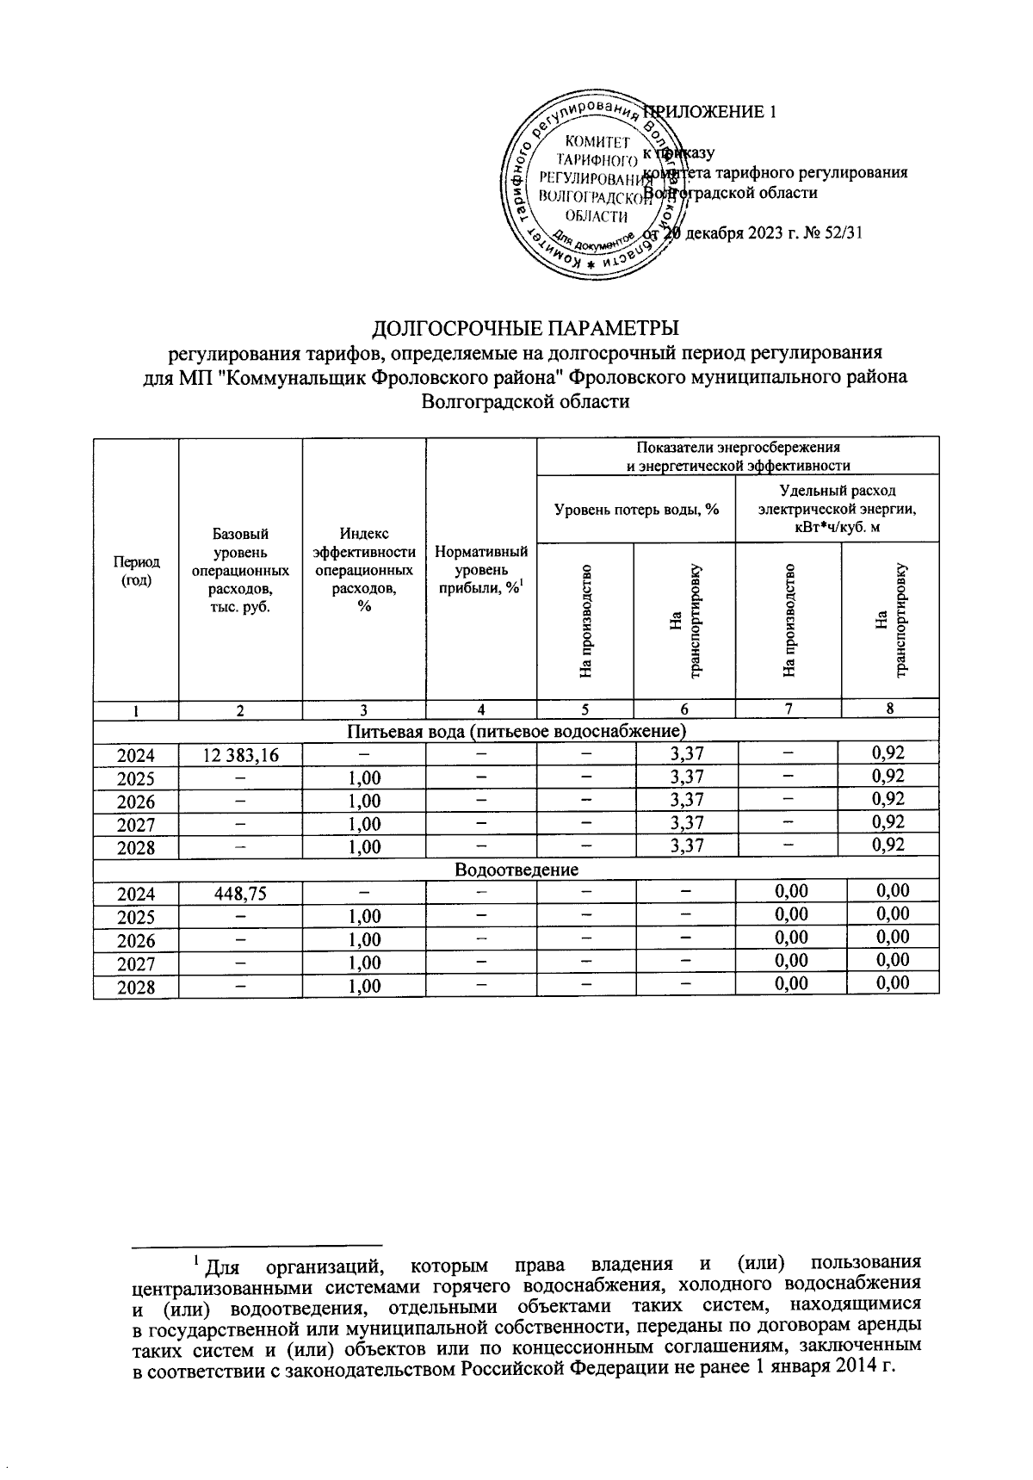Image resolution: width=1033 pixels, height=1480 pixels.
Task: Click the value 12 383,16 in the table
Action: tap(240, 755)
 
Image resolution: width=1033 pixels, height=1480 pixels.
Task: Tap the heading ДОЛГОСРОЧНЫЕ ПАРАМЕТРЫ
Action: tap(524, 329)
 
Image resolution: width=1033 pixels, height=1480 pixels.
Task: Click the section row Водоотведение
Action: tap(516, 870)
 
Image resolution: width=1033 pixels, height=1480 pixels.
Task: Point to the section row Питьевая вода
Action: tap(516, 732)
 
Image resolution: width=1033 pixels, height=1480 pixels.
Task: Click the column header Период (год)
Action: tap(135, 570)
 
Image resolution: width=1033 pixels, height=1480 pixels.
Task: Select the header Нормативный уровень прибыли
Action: tap(481, 570)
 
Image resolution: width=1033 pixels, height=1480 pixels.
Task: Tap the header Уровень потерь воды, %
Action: tap(635, 510)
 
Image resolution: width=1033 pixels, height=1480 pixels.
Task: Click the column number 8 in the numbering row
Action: tap(890, 709)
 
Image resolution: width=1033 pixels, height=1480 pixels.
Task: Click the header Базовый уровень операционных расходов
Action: tap(240, 570)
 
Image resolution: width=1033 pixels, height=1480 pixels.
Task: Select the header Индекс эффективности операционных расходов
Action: tap(364, 570)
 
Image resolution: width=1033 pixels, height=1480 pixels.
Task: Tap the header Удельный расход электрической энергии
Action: tap(837, 509)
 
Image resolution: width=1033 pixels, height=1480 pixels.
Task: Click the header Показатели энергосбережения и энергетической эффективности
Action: tap(738, 456)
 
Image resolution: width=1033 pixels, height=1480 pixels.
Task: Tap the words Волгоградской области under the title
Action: tap(524, 401)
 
